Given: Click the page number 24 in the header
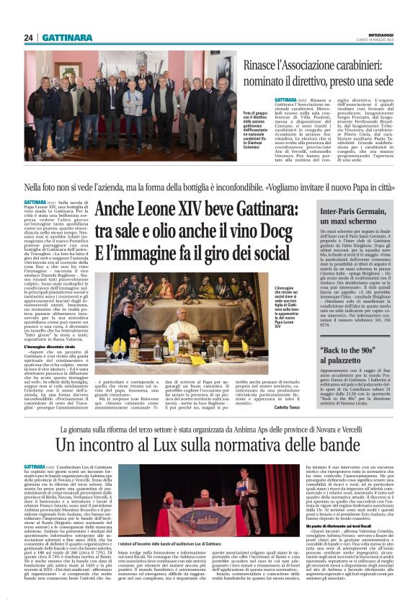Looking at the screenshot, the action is click(x=28, y=37).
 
